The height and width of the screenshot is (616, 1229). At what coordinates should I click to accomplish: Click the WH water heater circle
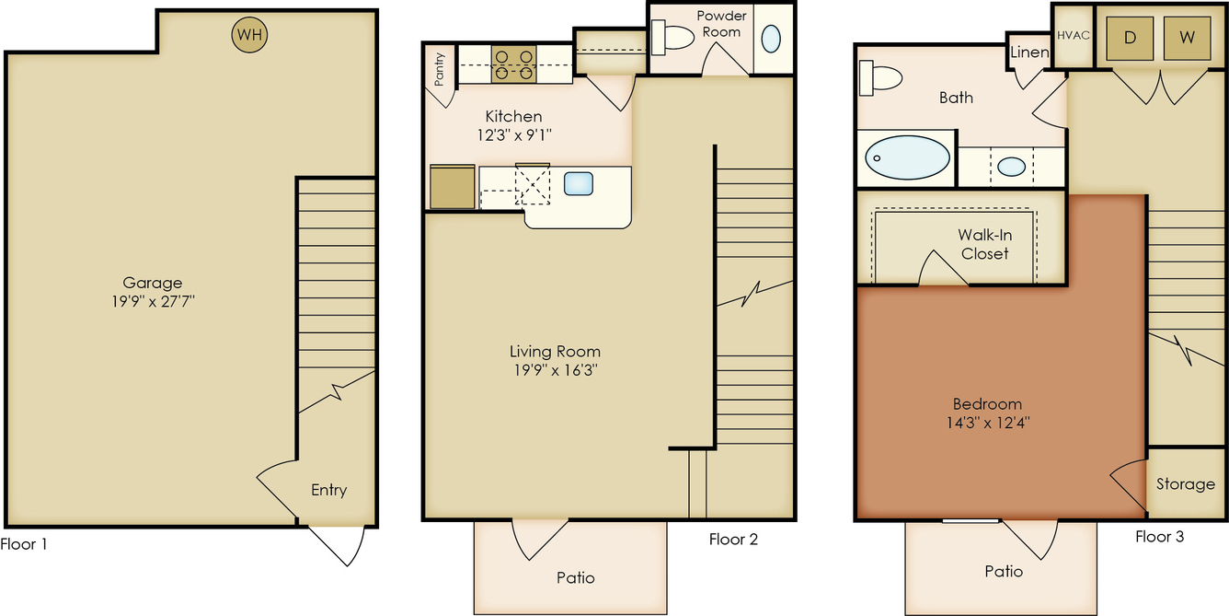click(x=249, y=35)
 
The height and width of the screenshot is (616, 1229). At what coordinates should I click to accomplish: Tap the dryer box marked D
click(x=1130, y=38)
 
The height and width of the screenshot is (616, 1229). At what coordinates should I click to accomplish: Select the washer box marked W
click(x=1188, y=38)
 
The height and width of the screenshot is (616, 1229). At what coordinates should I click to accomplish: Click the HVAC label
click(x=1074, y=35)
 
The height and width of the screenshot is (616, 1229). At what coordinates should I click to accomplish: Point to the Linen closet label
click(x=1029, y=52)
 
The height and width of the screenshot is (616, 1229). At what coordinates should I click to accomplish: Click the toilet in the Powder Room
click(x=672, y=38)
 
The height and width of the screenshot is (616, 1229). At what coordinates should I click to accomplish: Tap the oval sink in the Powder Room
click(x=771, y=39)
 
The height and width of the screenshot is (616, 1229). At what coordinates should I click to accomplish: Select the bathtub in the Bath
click(x=907, y=157)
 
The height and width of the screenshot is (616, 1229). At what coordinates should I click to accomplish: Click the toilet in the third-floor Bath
click(x=880, y=78)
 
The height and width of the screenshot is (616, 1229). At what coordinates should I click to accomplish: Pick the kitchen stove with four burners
click(x=513, y=64)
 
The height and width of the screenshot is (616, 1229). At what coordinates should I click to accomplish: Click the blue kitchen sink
click(x=579, y=183)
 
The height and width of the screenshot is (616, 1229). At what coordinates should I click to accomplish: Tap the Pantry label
click(x=439, y=69)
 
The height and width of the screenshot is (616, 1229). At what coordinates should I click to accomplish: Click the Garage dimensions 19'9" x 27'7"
click(x=153, y=301)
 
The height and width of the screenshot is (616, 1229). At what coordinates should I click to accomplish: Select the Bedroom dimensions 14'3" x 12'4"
click(x=988, y=423)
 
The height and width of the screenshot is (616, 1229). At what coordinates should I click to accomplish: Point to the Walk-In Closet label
click(x=985, y=244)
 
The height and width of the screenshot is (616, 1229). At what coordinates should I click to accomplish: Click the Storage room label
click(x=1185, y=484)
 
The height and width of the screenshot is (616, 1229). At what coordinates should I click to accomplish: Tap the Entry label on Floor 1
click(x=328, y=490)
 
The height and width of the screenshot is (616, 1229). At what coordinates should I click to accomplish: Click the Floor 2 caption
click(x=733, y=540)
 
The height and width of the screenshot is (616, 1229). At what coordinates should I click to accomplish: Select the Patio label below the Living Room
click(x=576, y=577)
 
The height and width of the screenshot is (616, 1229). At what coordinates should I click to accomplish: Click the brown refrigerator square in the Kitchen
click(x=452, y=187)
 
